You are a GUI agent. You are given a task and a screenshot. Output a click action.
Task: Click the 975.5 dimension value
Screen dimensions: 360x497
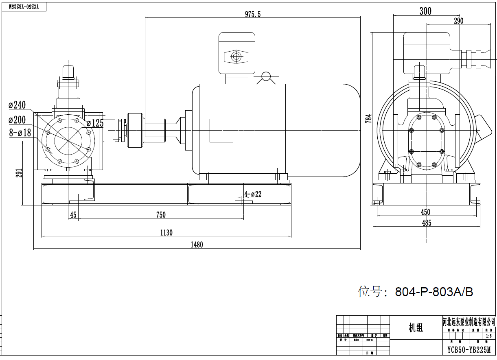point(252,14)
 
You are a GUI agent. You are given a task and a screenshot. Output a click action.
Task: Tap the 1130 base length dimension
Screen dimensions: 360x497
point(166,233)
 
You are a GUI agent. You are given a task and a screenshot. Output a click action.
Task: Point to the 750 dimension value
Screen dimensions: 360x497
point(161,215)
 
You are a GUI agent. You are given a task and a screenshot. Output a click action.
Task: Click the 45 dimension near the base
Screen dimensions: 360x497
point(73,215)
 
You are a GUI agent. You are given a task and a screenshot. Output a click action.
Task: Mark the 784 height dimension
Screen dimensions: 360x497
point(368,118)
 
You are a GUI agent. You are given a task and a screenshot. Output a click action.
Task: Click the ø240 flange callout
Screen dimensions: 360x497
point(17,105)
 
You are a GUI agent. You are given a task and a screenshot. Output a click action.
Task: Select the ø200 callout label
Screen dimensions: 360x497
point(17,120)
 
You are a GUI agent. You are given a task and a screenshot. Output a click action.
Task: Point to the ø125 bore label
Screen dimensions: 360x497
point(95,123)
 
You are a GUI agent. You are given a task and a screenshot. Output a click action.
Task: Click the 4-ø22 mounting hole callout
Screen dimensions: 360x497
point(253,194)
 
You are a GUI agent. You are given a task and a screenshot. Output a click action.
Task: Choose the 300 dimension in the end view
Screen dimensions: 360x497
point(425,11)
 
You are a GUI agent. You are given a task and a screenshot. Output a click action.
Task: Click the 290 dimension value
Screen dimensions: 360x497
point(458,21)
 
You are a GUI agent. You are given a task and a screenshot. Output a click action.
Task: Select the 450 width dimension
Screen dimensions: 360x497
point(425,212)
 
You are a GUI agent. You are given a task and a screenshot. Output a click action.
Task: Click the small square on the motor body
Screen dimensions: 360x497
point(221,131)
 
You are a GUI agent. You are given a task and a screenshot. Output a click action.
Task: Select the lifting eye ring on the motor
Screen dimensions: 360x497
point(266,76)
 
